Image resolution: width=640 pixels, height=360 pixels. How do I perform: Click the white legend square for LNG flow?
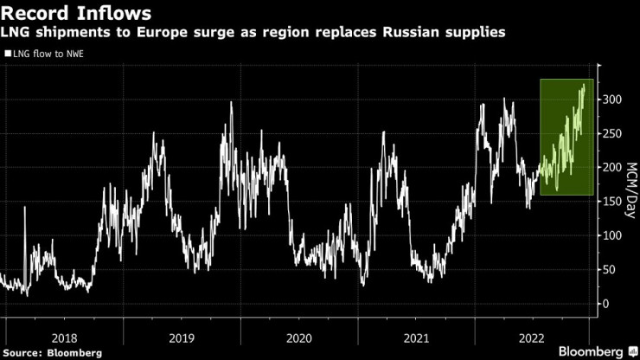7,54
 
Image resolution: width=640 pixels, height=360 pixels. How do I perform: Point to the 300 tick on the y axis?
611,100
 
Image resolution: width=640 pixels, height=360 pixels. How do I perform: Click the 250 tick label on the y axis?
611,133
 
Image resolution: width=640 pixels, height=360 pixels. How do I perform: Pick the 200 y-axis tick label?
611,167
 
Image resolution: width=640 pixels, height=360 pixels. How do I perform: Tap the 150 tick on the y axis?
611,202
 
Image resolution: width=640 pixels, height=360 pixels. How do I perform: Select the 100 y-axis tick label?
611,235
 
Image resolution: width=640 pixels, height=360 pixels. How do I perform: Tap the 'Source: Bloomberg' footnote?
53,352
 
